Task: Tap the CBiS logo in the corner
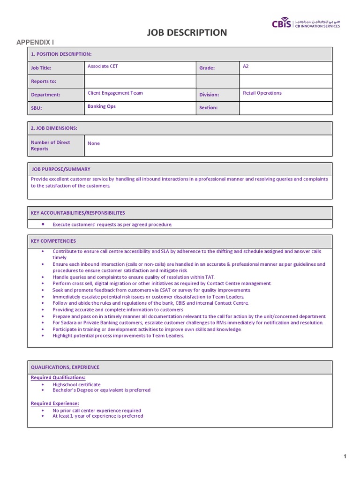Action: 306,24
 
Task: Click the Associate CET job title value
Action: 103,67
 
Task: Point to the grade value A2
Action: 246,67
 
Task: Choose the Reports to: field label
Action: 44,82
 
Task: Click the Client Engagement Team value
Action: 115,93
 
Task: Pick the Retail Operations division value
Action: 262,93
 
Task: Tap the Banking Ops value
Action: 101,106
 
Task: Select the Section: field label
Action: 209,108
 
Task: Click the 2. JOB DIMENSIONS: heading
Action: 54,128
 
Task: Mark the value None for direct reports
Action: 94,143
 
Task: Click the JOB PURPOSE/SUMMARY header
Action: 61,169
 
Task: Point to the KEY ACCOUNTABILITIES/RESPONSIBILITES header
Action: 78,213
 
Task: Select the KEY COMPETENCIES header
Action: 53,241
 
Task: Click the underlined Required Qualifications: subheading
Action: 58,377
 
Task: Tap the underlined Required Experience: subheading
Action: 55,403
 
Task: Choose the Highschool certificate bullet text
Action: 76,384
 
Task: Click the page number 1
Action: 345,457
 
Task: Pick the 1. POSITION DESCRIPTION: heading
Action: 61,54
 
